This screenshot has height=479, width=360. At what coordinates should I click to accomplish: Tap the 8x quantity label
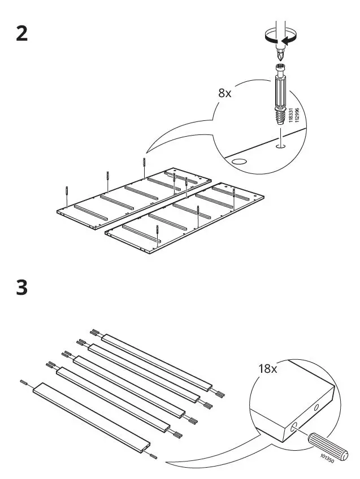coord(225,93)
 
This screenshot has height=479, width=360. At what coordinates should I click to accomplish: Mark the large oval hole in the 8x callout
coord(240,162)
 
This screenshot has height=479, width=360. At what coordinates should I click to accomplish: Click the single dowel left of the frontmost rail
coord(25,382)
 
